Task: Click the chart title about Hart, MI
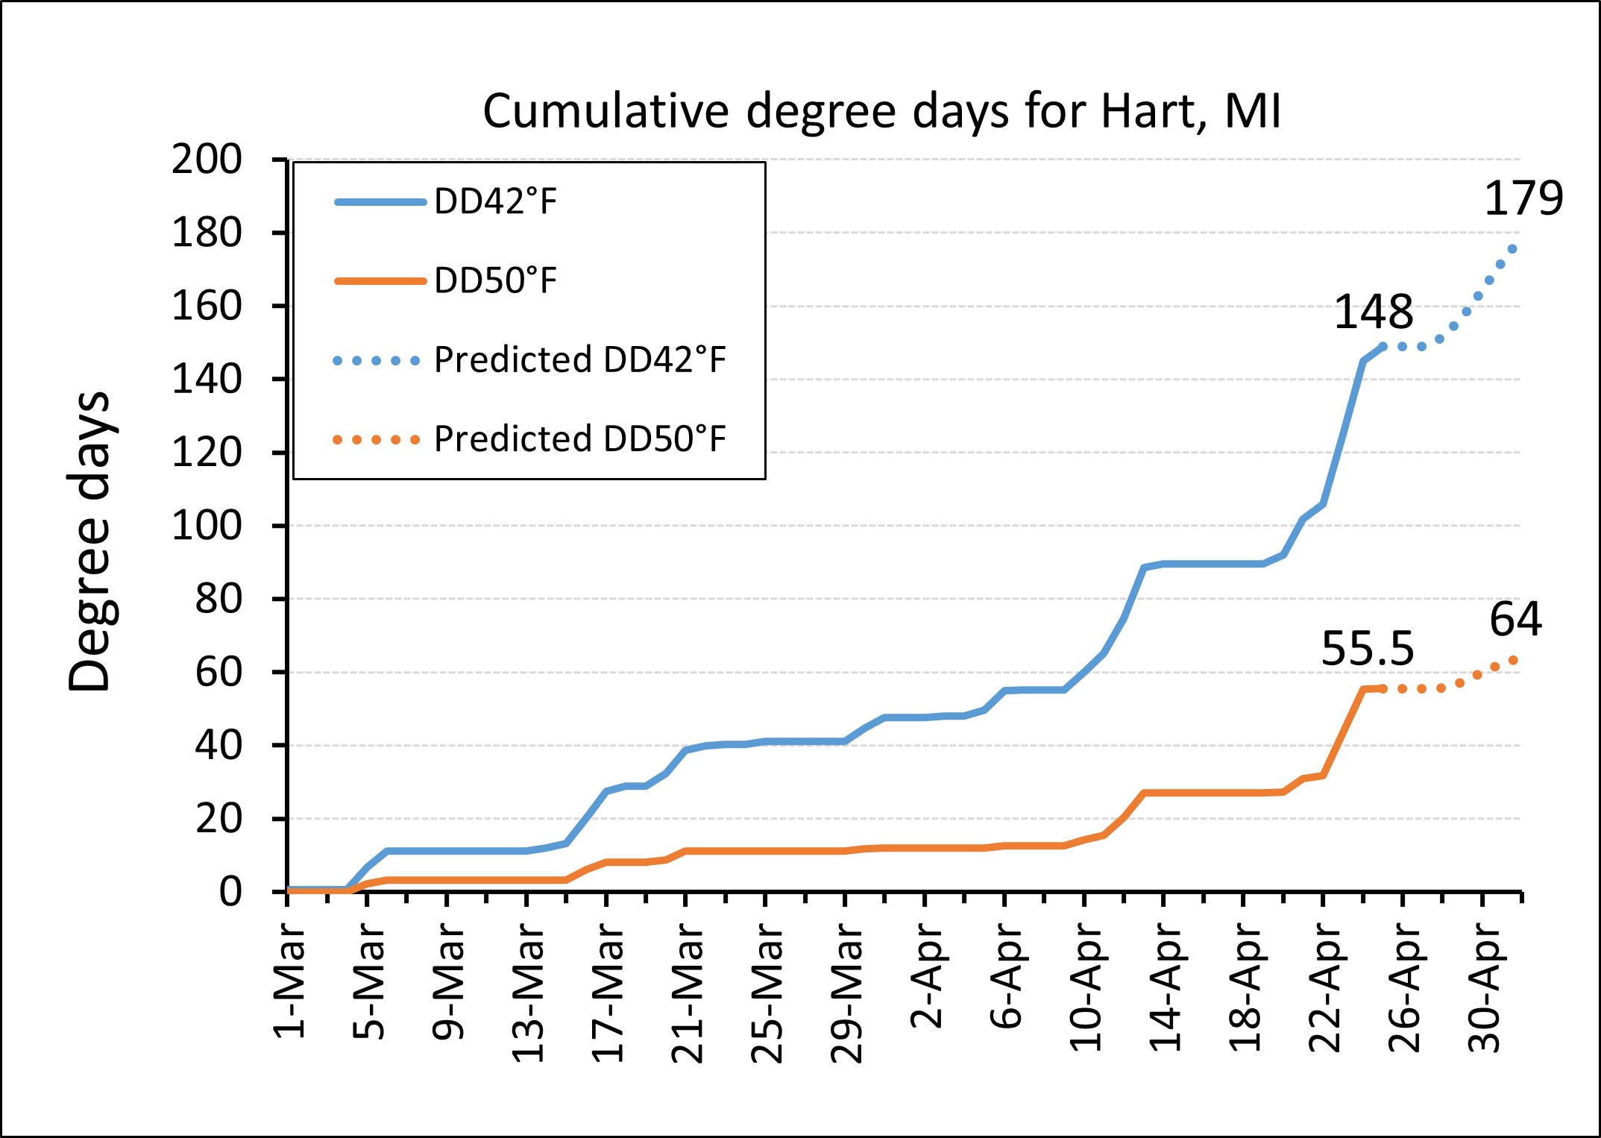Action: click(881, 112)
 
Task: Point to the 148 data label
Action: click(1373, 312)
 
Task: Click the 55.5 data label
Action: click(1367, 649)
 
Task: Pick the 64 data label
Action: click(1515, 620)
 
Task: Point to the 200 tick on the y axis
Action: click(207, 160)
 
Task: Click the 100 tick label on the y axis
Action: click(207, 526)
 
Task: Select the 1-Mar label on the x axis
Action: click(290, 981)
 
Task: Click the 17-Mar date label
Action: click(608, 992)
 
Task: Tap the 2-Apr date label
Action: click(927, 975)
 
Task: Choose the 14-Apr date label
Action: click(1166, 986)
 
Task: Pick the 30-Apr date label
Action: click(1484, 986)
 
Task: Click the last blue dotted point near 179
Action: click(1512, 249)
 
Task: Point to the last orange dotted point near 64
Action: click(1513, 660)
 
